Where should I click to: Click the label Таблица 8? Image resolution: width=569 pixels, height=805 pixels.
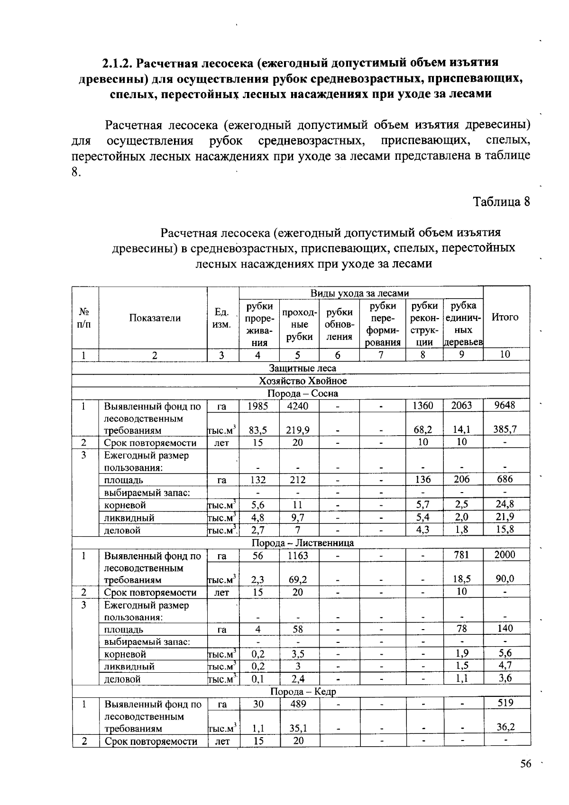coord(501,201)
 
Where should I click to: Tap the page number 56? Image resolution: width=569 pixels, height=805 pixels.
coord(525,764)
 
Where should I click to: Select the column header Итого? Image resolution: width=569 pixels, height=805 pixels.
coord(505,317)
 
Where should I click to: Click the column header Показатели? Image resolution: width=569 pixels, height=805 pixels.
coord(155,318)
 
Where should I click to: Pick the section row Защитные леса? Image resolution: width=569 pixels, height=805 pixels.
coord(303,368)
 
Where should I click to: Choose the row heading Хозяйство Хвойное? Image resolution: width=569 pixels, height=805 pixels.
coord(303,381)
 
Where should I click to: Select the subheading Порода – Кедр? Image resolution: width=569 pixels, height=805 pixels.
coord(303,692)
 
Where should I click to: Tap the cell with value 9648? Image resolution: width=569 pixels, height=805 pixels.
coord(505,405)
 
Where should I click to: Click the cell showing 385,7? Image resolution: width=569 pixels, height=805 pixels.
coord(505,430)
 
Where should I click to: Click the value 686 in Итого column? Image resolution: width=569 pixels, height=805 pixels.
coord(505,479)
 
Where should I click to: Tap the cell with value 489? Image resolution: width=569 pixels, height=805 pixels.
coord(298,704)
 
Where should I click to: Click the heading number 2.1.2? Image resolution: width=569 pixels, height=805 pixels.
coord(119,63)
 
